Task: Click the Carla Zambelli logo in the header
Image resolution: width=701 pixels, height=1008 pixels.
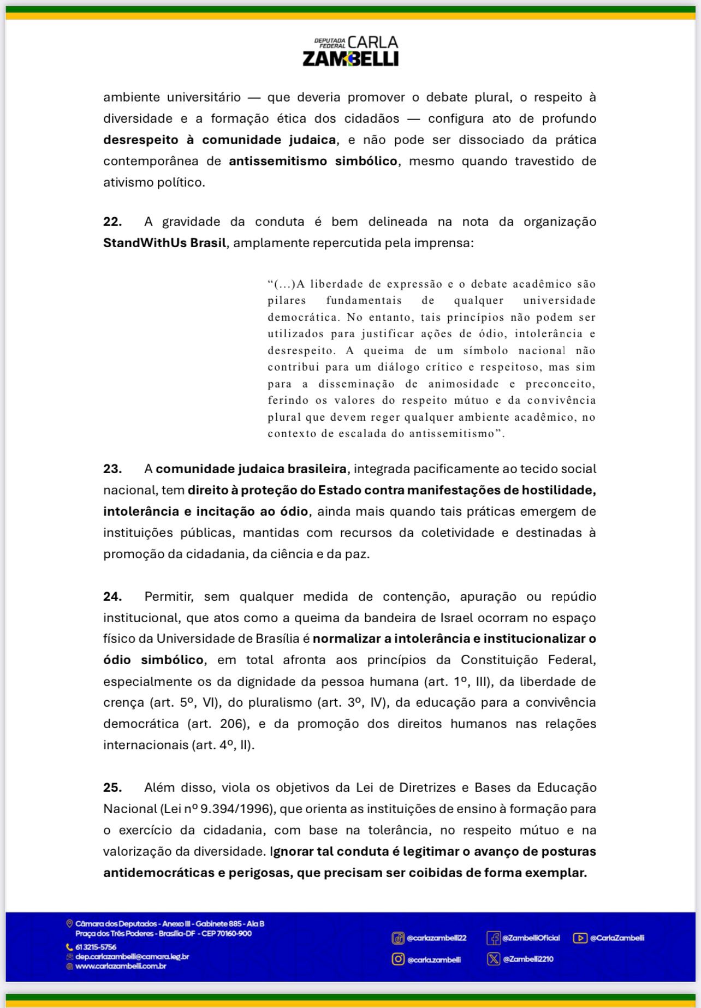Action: pyautogui.click(x=350, y=51)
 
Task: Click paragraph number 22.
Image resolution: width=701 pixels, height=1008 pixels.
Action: pyautogui.click(x=112, y=222)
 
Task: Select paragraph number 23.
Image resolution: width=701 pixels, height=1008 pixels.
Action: pyautogui.click(x=112, y=469)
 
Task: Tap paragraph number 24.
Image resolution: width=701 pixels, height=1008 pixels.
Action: pyautogui.click(x=112, y=597)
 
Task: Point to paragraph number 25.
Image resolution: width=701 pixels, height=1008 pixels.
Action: pyautogui.click(x=112, y=788)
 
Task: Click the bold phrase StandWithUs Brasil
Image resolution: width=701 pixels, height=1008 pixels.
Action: pyautogui.click(x=164, y=243)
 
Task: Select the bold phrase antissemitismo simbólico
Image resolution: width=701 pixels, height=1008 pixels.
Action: pyautogui.click(x=313, y=161)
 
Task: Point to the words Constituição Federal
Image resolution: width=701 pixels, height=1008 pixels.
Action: pyautogui.click(x=528, y=660)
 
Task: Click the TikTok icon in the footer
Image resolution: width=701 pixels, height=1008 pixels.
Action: pyautogui.click(x=398, y=938)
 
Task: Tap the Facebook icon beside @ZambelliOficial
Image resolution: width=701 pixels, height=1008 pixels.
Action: pyautogui.click(x=494, y=938)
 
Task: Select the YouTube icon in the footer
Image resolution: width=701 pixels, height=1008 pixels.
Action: pyautogui.click(x=580, y=938)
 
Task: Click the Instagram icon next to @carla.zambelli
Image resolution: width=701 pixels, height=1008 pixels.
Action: pyautogui.click(x=398, y=959)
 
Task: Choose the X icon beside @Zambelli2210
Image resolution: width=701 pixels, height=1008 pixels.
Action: pyautogui.click(x=494, y=959)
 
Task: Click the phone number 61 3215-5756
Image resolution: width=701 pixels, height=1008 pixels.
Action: pyautogui.click(x=96, y=947)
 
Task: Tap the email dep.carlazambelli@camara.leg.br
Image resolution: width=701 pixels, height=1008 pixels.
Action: pyautogui.click(x=132, y=957)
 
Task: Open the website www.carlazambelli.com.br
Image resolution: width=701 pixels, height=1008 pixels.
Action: pyautogui.click(x=121, y=966)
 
